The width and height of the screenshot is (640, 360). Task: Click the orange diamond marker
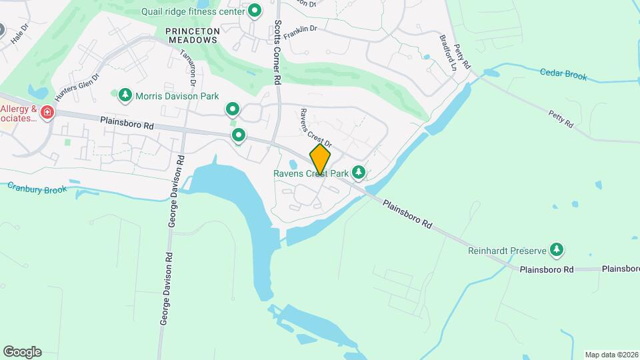pyautogui.click(x=320, y=159)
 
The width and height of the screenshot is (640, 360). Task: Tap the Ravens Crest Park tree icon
pyautogui.click(x=359, y=173)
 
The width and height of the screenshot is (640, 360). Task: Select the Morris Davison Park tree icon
pyautogui.click(x=125, y=96)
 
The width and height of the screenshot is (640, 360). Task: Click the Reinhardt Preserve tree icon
pyautogui.click(x=557, y=251)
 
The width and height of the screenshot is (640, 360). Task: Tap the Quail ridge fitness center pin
pyautogui.click(x=254, y=11)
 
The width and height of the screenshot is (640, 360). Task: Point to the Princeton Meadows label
pyautogui.click(x=191, y=35)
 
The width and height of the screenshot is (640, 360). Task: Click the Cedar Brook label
pyautogui.click(x=563, y=75)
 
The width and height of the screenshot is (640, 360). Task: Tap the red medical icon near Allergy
pyautogui.click(x=47, y=112)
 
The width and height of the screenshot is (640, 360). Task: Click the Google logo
pyautogui.click(x=22, y=352)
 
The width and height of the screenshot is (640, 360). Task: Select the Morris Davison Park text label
pyautogui.click(x=177, y=96)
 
